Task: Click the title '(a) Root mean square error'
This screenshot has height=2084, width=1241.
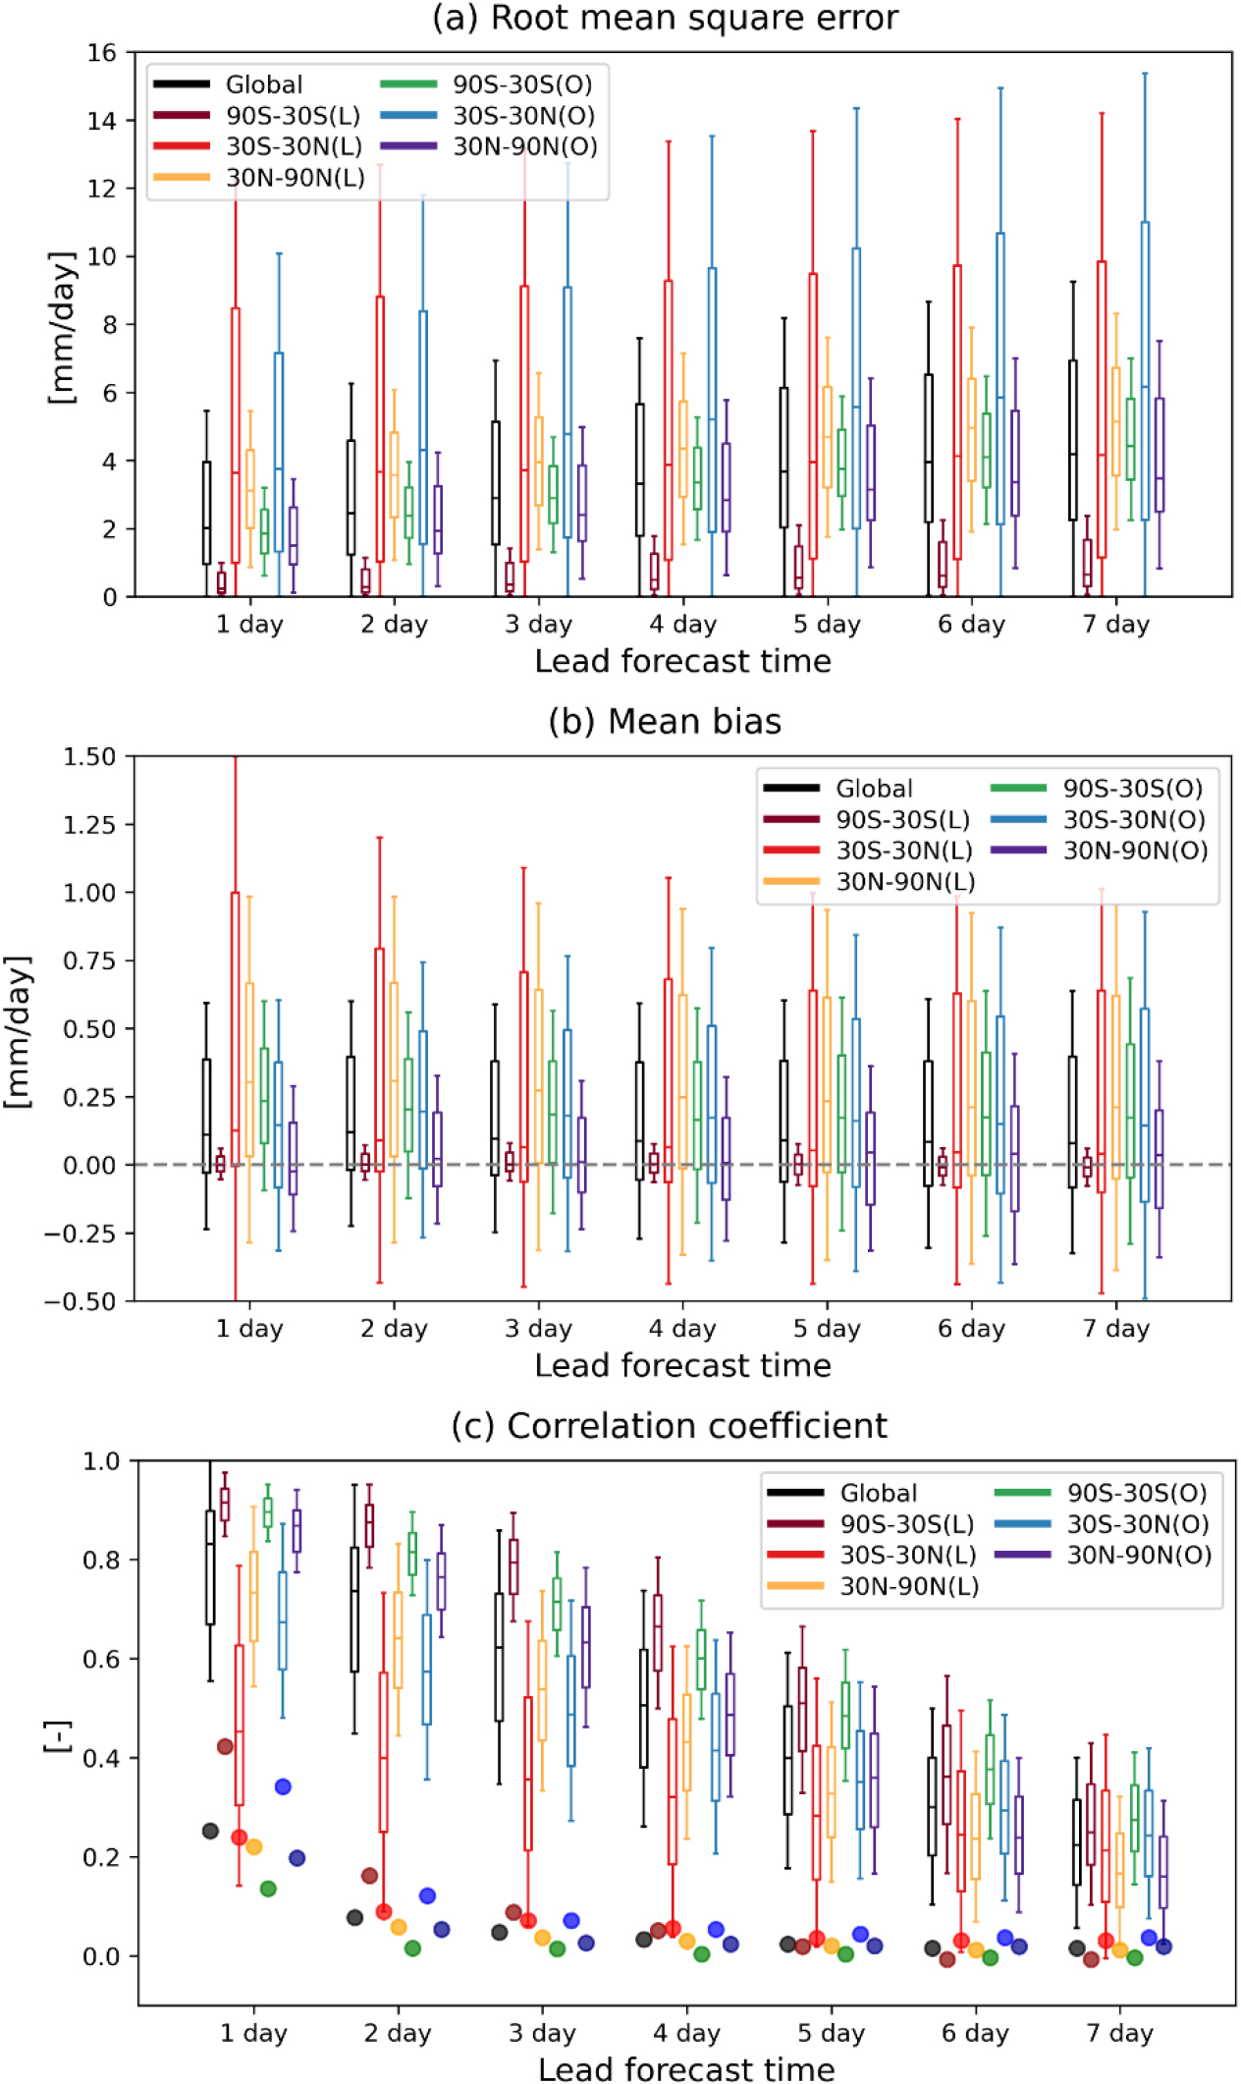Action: click(665, 18)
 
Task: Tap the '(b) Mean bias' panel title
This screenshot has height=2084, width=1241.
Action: click(665, 722)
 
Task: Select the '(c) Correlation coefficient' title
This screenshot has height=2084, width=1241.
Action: click(669, 1426)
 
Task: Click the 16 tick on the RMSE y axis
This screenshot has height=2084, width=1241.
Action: click(102, 53)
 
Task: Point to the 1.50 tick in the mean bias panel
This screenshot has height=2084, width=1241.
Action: click(89, 757)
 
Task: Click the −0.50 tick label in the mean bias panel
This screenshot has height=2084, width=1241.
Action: click(81, 1301)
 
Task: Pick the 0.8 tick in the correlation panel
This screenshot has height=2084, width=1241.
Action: click(103, 1561)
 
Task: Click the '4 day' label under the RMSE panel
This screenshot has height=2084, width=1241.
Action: click(682, 625)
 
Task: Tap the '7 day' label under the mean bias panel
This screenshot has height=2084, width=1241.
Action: click(1115, 1329)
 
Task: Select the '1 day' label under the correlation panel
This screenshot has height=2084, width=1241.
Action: click(253, 2033)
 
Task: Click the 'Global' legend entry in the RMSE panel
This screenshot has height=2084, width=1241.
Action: click(263, 84)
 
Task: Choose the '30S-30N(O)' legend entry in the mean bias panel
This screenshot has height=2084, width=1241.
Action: click(1135, 820)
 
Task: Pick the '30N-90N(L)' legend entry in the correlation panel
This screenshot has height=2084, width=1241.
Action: click(908, 1586)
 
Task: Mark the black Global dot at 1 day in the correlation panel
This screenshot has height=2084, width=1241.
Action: click(210, 1831)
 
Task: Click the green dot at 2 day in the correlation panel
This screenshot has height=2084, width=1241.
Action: click(412, 1947)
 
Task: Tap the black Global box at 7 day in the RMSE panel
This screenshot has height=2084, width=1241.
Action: click(1073, 440)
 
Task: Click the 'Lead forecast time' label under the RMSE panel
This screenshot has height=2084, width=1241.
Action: click(682, 661)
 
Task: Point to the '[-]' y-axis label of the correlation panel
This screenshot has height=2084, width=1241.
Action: click(58, 1735)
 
